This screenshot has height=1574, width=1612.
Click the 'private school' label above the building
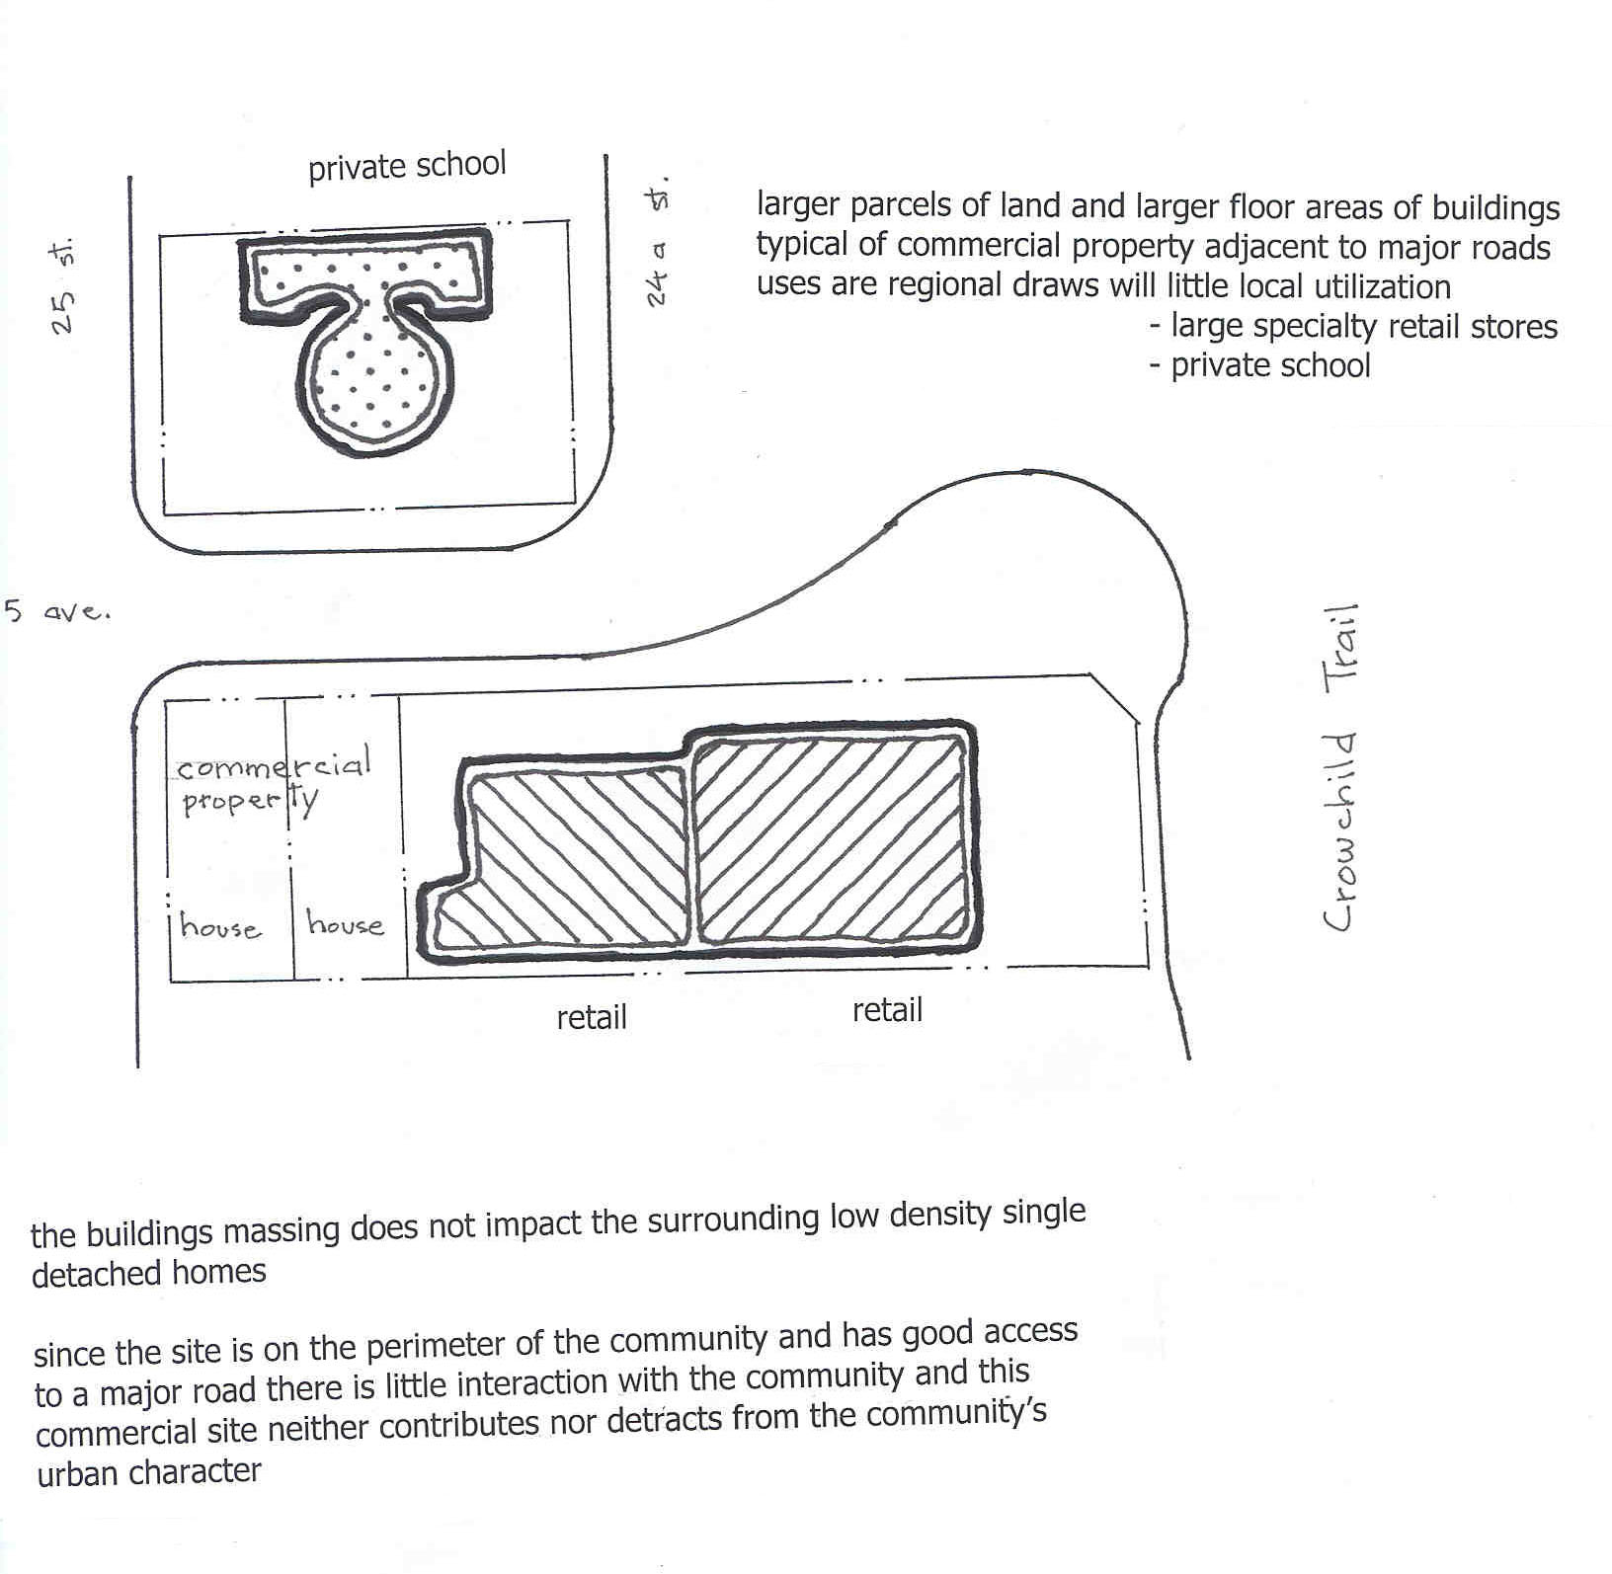click(x=407, y=166)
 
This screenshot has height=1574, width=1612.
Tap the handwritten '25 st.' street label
click(x=65, y=286)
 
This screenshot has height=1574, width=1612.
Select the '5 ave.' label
click(x=57, y=611)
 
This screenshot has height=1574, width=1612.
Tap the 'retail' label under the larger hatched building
click(x=887, y=1010)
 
